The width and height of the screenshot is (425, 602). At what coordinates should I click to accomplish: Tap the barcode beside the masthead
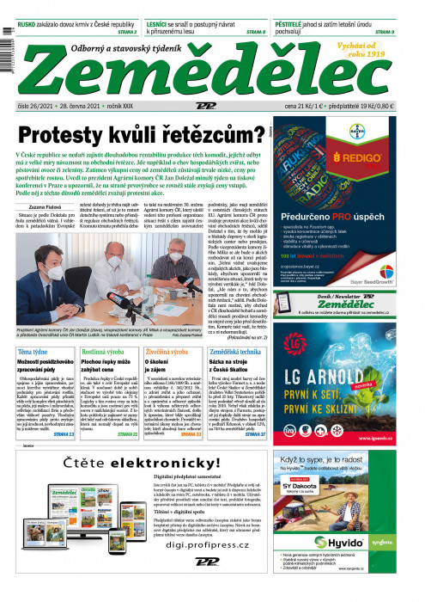coord(8,60)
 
